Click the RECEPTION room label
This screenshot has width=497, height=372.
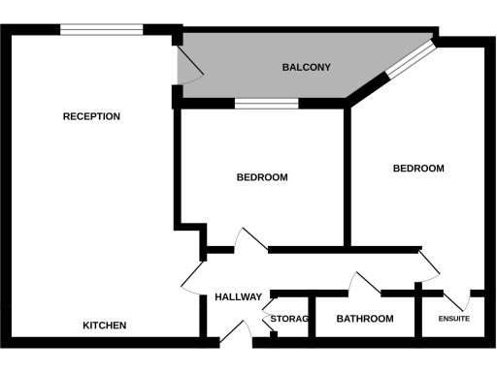[91, 116]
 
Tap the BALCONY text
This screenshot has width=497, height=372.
[307, 68]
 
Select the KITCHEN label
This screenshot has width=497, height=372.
[104, 325]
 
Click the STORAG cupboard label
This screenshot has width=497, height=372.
[288, 319]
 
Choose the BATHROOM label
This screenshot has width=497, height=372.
[365, 319]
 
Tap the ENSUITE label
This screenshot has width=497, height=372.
[454, 319]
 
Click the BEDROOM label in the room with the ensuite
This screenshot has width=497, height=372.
[418, 169]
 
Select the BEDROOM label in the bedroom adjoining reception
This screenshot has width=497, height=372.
[263, 177]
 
